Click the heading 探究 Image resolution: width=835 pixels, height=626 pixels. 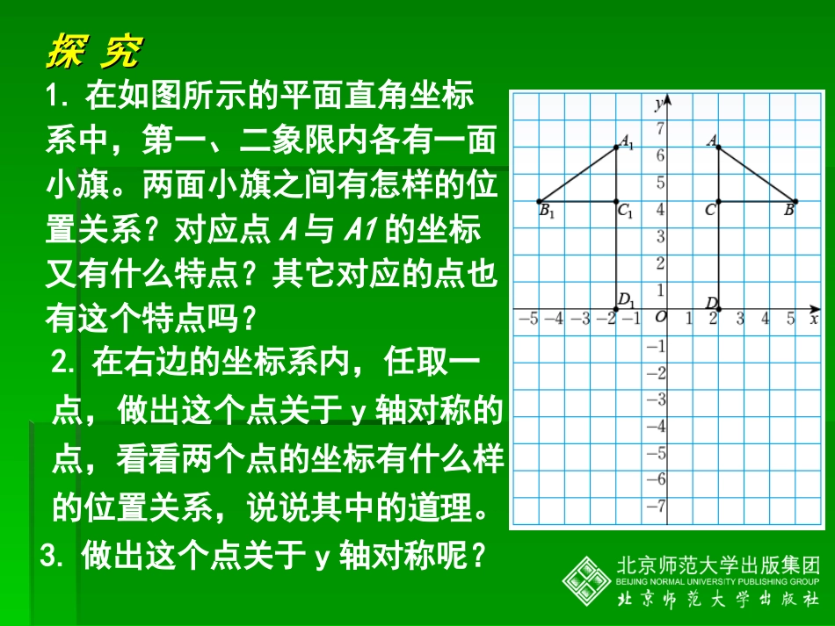[93, 53]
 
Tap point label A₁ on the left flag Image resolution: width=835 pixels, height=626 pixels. [627, 140]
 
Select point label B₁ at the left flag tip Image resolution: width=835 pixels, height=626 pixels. [547, 211]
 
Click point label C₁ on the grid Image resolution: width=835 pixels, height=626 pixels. [626, 211]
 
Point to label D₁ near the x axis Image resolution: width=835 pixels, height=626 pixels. [626, 300]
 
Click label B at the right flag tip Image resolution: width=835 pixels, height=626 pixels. [788, 210]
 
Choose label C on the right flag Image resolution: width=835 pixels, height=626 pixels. [709, 211]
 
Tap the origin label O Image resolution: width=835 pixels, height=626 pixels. [660, 317]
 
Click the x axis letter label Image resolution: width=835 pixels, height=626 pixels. [814, 319]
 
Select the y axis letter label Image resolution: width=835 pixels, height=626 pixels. [658, 104]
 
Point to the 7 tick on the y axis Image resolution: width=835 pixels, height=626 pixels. [661, 129]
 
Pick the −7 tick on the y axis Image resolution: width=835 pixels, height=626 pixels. [657, 507]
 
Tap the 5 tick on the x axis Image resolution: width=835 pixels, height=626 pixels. [790, 319]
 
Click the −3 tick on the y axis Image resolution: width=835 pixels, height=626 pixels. [657, 399]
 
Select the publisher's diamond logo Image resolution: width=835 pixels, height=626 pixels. [586, 579]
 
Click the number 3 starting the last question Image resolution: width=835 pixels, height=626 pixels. [49, 555]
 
